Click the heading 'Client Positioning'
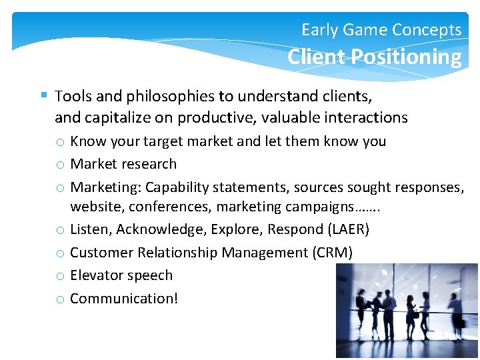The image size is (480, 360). pyautogui.click(x=374, y=57)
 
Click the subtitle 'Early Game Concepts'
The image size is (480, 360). pyautogui.click(x=381, y=30)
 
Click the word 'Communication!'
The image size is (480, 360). pyautogui.click(x=124, y=299)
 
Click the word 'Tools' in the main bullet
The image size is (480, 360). pyautogui.click(x=73, y=96)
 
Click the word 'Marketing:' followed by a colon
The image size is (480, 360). pyautogui.click(x=105, y=187)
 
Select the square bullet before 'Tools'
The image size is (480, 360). pyautogui.click(x=44, y=95)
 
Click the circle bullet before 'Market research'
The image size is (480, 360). pyautogui.click(x=60, y=165)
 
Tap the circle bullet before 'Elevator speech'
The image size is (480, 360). pyautogui.click(x=60, y=277)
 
